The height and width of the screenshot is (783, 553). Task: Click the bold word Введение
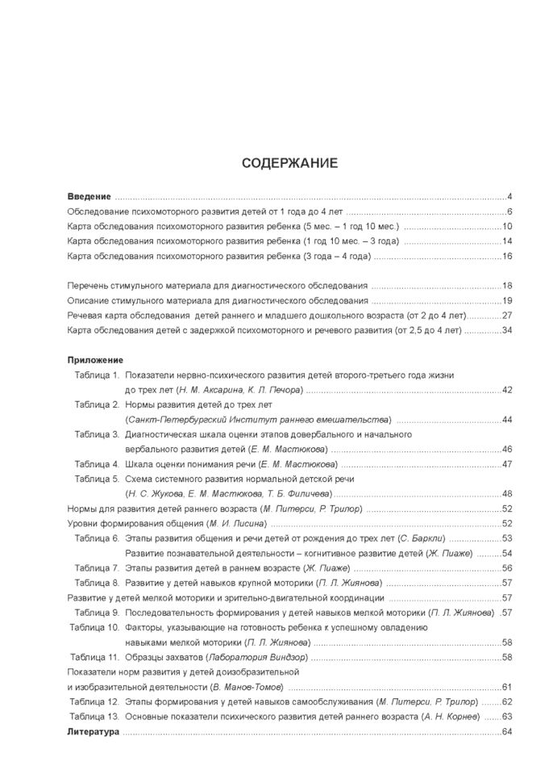88,197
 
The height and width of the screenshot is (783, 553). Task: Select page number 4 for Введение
510,197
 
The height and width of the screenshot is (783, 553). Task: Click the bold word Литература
93,731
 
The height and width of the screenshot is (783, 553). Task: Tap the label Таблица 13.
94,716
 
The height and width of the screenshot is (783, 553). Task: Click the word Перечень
88,286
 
